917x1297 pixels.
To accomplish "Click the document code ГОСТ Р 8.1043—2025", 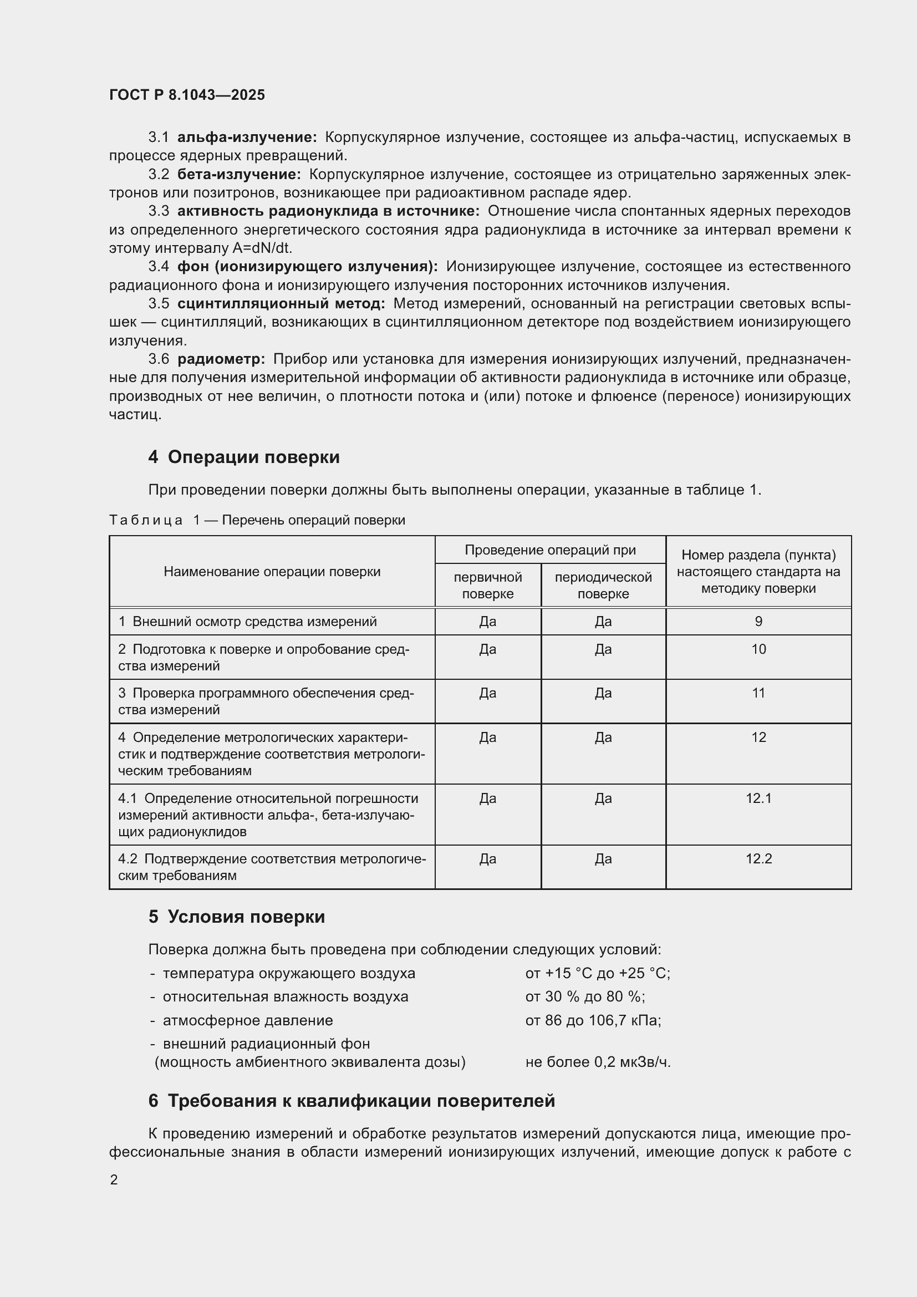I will point(187,95).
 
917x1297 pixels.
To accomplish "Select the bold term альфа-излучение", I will point(247,138).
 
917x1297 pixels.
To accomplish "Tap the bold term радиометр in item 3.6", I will point(221,359).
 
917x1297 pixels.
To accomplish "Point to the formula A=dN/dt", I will point(262,248).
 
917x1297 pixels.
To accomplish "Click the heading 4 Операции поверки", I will point(244,456).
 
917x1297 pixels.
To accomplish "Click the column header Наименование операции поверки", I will point(272,572).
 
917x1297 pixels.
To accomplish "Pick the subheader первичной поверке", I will point(487,585).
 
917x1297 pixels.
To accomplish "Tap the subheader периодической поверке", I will point(603,585).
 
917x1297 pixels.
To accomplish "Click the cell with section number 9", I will point(758,622).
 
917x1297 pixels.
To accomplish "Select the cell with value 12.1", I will point(758,798).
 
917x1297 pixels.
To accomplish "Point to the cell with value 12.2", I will point(758,858).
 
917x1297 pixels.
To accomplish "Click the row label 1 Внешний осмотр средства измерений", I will point(247,622).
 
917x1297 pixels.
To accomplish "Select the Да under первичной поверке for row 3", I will point(487,693).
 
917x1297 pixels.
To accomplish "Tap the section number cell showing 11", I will point(758,693).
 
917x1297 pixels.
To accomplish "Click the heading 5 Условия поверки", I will point(237,916).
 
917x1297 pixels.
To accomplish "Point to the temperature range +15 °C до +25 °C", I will point(598,973).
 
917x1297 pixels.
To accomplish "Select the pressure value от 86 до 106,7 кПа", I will point(593,1020).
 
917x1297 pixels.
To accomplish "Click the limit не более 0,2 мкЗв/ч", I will point(598,1062).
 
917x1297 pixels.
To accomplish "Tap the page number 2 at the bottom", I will point(114,1179).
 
